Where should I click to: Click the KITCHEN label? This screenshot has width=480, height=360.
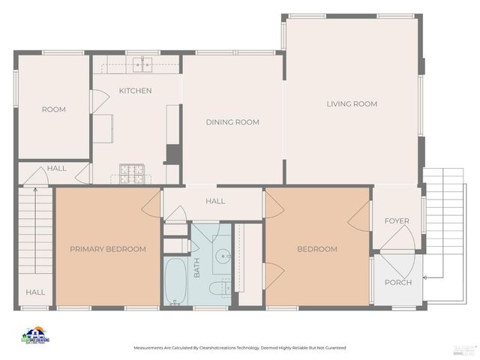(x=135, y=91)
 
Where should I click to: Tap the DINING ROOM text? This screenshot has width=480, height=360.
(x=232, y=122)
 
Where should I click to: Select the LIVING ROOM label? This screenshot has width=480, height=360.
(x=352, y=103)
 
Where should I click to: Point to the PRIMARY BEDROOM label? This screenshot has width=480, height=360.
(x=108, y=249)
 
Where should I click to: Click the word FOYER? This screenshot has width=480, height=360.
(x=397, y=220)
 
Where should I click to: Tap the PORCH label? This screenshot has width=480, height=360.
(x=398, y=282)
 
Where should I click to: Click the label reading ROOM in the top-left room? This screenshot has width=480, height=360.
(x=53, y=109)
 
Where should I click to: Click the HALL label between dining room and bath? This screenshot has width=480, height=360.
(x=215, y=201)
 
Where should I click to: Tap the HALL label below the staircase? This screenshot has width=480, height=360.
(x=35, y=292)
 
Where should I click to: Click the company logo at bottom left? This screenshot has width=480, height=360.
(x=35, y=335)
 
